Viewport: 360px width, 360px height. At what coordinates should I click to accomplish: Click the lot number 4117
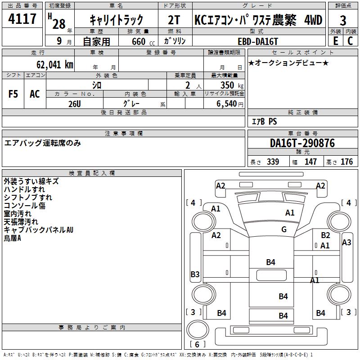click(23, 19)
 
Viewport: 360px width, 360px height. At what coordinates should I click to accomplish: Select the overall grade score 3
click(343, 20)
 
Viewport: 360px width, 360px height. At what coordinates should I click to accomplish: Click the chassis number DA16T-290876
click(302, 144)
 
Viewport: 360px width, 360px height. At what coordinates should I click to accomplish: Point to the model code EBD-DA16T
click(255, 41)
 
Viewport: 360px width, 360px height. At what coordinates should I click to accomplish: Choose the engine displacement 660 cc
click(138, 41)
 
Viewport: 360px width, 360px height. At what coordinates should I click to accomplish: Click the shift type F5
click(13, 94)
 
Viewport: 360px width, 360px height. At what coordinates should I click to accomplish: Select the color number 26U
click(75, 103)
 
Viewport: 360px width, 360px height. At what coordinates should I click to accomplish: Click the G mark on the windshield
click(284, 229)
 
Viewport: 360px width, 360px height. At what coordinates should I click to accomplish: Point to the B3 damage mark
click(195, 274)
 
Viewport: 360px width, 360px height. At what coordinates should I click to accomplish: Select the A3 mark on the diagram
click(346, 243)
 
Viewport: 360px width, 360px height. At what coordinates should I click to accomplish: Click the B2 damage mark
click(325, 235)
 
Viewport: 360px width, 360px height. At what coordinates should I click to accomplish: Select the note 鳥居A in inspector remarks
click(13, 238)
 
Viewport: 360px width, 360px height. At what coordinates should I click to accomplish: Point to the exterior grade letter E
click(336, 40)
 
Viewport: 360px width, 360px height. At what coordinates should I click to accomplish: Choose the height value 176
click(346, 162)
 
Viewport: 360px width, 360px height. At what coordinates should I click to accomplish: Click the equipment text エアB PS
click(264, 121)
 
